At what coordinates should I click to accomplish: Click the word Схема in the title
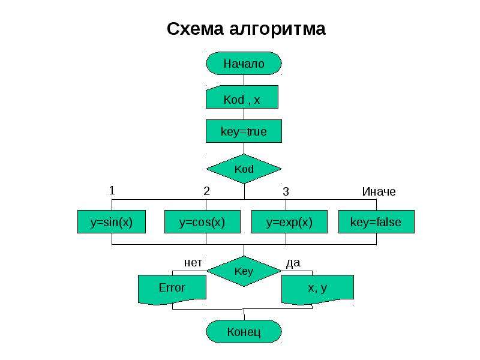[x=196, y=29]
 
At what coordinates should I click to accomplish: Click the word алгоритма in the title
[x=277, y=29]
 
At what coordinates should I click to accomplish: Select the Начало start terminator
[x=244, y=64]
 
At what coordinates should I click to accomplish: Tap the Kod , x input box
[x=242, y=97]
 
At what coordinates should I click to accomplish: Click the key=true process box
[x=244, y=131]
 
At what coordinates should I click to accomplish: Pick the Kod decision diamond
[x=244, y=169]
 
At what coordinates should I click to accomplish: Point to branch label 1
[x=112, y=191]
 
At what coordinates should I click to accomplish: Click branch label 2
[x=206, y=191]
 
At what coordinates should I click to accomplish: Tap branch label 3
[x=286, y=191]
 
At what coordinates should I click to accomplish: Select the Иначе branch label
[x=379, y=191]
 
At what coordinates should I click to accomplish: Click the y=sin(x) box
[x=112, y=221]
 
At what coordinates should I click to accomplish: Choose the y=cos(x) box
[x=202, y=221]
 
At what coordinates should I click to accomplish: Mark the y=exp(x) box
[x=289, y=221]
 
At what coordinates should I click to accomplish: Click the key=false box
[x=376, y=221]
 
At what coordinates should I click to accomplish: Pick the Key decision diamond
[x=244, y=271]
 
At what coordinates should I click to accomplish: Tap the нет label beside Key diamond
[x=193, y=263]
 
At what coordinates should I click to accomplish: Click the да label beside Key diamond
[x=293, y=263]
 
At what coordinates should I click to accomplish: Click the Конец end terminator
[x=244, y=332]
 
